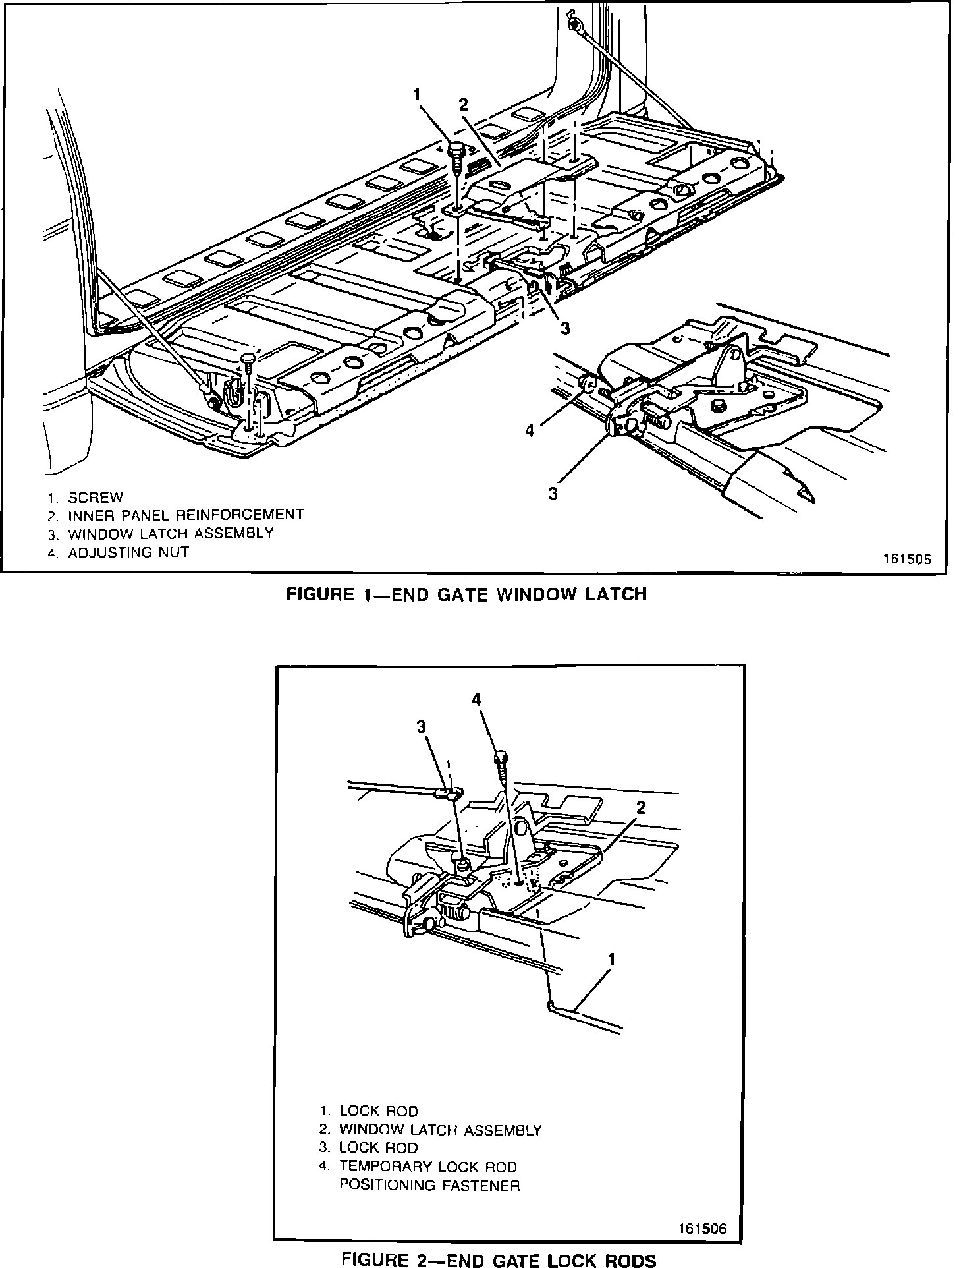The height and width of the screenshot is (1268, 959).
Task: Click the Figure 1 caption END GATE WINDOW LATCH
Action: coord(466,594)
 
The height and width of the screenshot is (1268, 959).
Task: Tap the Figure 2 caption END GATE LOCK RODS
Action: coord(499,1260)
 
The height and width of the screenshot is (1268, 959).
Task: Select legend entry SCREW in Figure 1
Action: coord(96,497)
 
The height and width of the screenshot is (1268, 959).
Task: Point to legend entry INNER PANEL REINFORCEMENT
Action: coord(186,515)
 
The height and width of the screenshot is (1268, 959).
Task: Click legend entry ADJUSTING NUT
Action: coord(128,552)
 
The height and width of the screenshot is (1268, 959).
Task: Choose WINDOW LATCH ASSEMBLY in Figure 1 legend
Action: coord(171,533)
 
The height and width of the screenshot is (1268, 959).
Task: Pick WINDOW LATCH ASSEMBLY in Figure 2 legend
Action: coord(440,1130)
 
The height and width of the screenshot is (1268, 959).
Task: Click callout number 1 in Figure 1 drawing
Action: coord(417,94)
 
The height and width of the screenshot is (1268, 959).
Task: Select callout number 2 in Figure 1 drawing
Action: coord(464,104)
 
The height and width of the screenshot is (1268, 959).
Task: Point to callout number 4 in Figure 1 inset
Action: coord(529,432)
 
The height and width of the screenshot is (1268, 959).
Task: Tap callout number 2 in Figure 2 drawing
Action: coord(641,807)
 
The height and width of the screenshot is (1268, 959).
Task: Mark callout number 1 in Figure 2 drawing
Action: coord(612,960)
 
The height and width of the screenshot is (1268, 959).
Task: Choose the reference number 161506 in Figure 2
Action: coord(702,1229)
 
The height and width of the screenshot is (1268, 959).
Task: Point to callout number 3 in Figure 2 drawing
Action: coord(421,726)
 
